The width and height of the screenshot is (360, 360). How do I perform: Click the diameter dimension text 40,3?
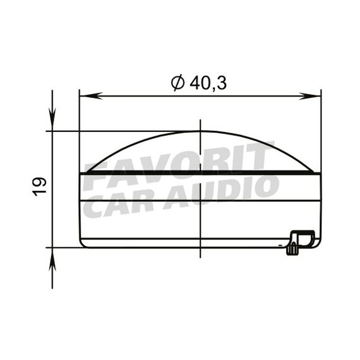208,83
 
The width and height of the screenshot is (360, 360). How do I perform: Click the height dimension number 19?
39,187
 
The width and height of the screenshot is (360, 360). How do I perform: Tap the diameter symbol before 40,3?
177,83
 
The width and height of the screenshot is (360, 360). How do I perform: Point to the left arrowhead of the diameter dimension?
91,96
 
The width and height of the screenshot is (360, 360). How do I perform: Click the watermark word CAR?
119,205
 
